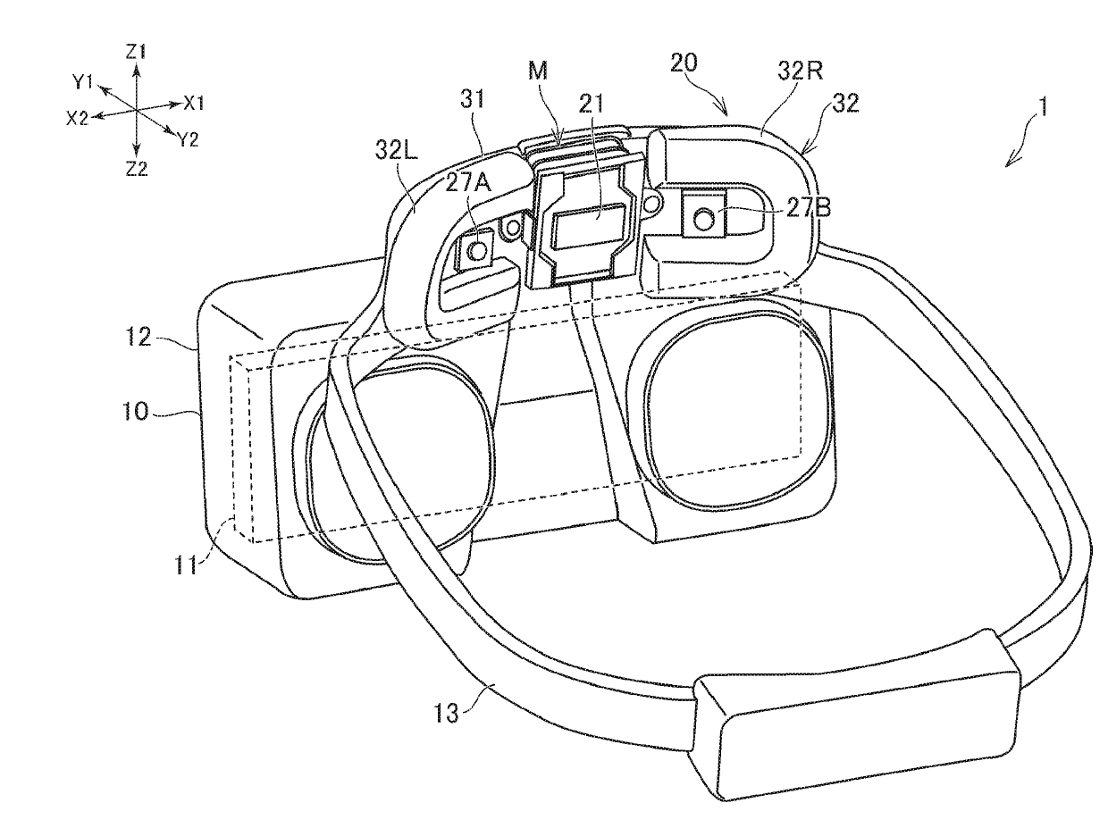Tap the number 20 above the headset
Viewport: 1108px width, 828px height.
click(684, 64)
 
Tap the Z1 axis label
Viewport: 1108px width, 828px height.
click(135, 51)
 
